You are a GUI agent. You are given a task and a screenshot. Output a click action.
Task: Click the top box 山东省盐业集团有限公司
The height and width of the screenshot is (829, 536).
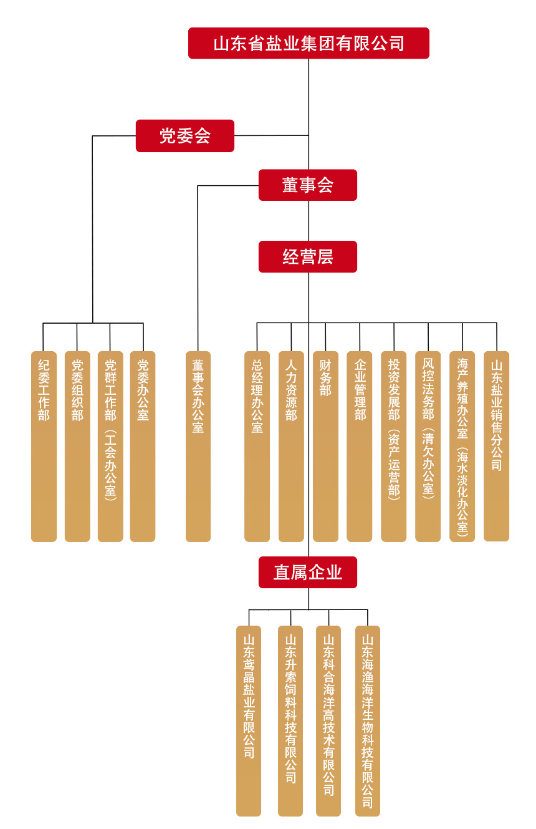point(309,43)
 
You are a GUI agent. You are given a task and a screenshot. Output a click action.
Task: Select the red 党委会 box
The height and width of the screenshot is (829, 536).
point(185,136)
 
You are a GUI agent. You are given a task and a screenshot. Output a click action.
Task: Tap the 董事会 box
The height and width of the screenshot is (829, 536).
point(308,185)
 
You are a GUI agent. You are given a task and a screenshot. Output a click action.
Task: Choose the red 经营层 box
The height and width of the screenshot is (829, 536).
point(308,256)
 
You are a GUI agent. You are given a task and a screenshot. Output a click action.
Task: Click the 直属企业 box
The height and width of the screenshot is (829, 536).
point(308,572)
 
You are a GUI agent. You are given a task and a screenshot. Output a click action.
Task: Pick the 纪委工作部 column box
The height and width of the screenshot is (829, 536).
point(44,446)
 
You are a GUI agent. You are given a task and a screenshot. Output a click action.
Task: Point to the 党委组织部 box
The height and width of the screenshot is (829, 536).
point(77,446)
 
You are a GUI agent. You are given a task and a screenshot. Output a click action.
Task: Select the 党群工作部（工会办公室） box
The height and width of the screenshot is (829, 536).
point(110,446)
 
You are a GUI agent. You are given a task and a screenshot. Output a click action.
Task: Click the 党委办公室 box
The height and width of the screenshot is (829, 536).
point(143,446)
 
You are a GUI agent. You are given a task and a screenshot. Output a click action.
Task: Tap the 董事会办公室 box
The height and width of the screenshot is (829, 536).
point(198,446)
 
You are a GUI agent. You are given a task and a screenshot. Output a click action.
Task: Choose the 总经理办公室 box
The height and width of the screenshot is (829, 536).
point(257,446)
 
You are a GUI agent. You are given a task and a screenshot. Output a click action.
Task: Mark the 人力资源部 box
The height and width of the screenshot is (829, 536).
point(291,446)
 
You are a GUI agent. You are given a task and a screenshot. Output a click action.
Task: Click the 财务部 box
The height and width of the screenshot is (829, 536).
point(325,446)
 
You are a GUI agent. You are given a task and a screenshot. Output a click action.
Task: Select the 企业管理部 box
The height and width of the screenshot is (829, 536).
point(360,446)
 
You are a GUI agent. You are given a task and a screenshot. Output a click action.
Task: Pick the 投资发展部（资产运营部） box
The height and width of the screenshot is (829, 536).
point(394,446)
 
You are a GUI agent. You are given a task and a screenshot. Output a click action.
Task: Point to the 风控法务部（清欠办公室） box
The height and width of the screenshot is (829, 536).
point(428,446)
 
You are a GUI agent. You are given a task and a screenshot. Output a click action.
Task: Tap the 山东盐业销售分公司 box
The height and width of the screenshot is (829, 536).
point(497,446)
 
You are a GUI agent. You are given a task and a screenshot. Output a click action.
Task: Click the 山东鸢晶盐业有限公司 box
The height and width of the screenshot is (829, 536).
point(249,720)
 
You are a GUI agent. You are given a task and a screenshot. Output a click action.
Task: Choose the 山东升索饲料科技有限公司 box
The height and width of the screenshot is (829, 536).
point(290,720)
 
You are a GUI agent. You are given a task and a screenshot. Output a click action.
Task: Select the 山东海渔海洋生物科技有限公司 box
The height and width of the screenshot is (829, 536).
point(368,720)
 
